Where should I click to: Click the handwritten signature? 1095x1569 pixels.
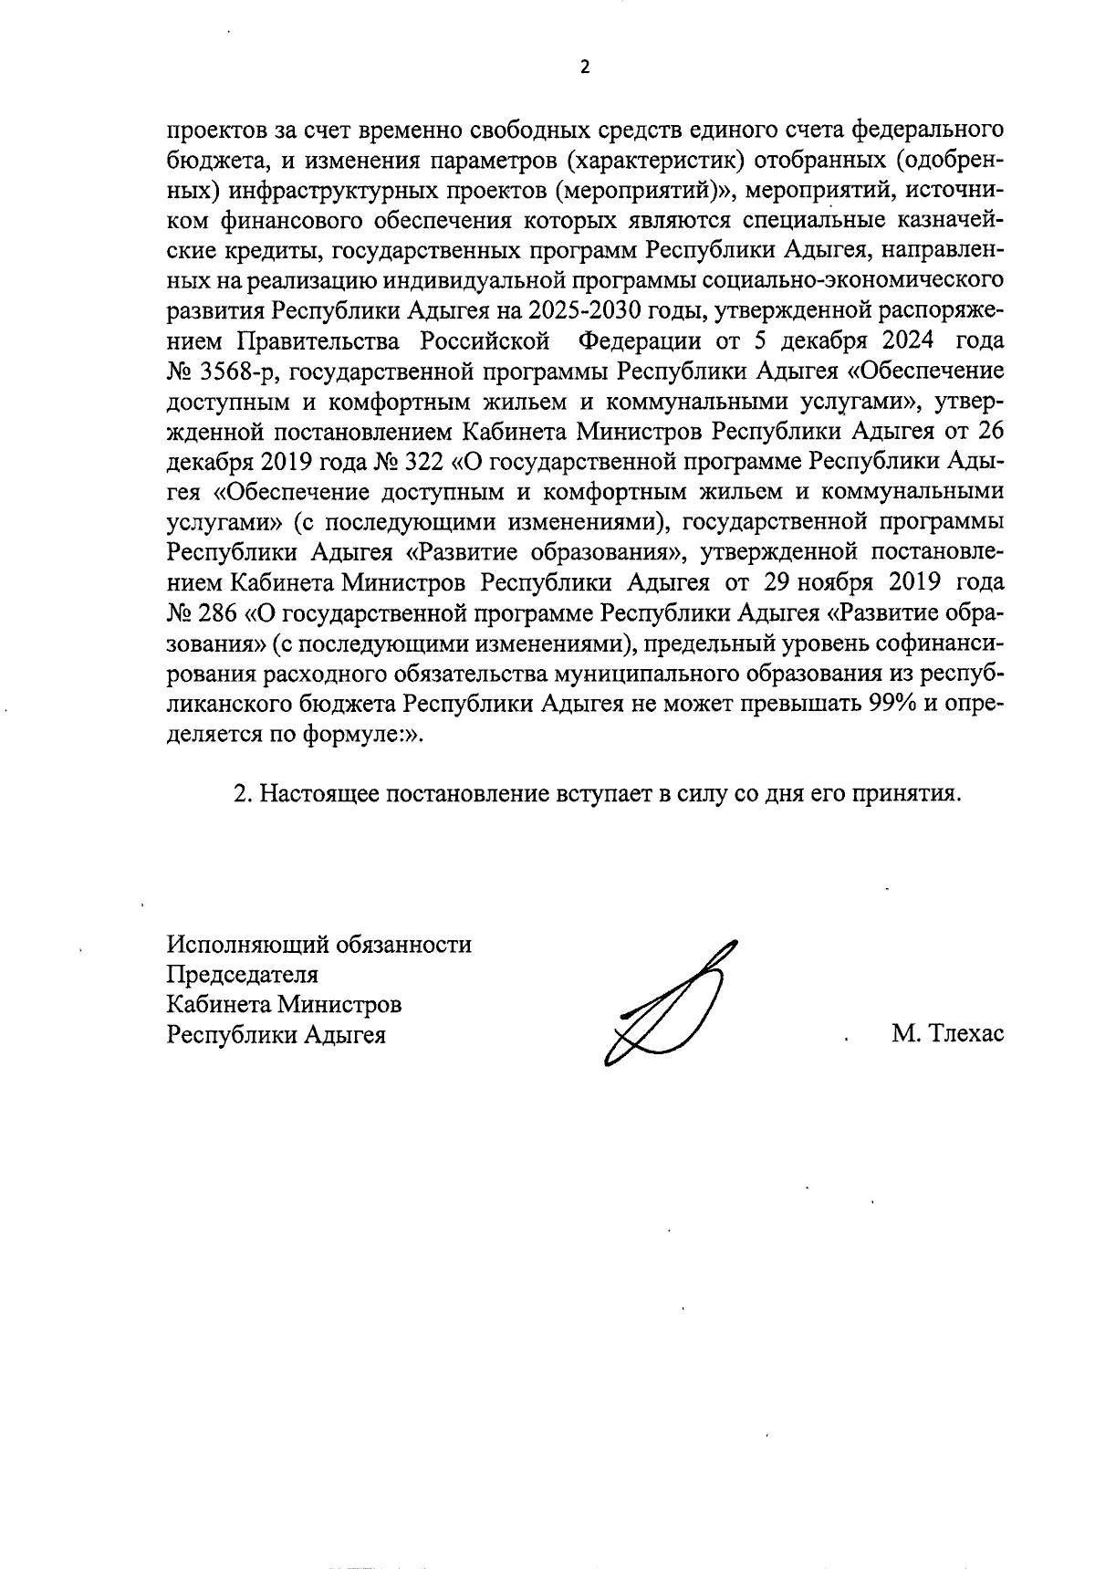[x=671, y=1004]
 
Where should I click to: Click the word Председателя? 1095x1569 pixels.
[x=243, y=974]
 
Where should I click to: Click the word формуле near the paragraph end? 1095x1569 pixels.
[x=353, y=734]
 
